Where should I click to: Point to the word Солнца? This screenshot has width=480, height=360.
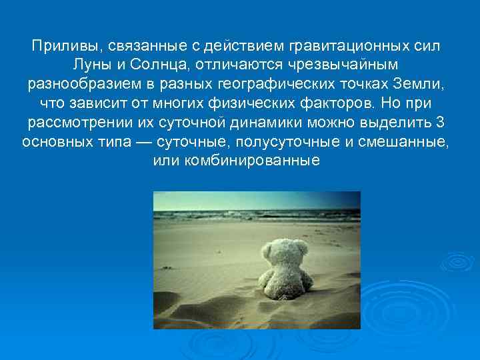(x=155, y=67)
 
